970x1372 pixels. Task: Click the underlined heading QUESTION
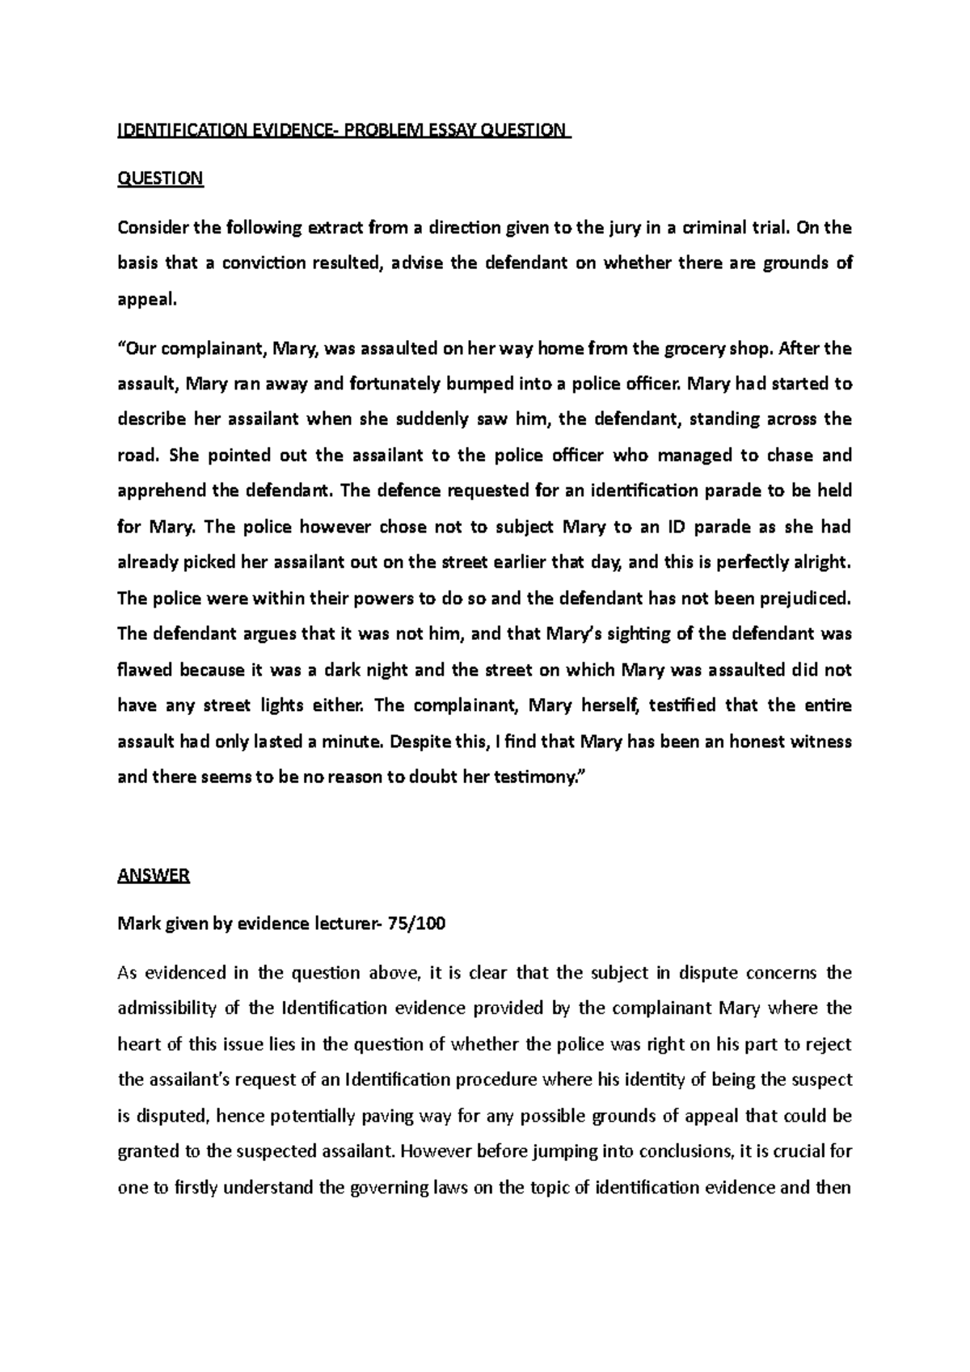click(160, 179)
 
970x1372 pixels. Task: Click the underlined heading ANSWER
click(154, 875)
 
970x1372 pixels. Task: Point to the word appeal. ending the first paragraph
click(146, 300)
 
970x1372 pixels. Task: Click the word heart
click(139, 1044)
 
